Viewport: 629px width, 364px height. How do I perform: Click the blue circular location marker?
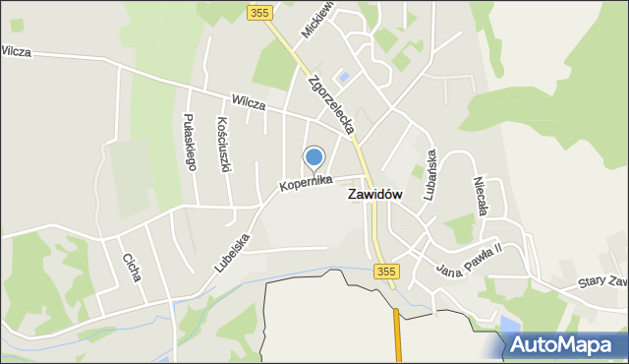pyautogui.click(x=314, y=157)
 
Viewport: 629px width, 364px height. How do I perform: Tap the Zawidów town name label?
pyautogui.click(x=374, y=195)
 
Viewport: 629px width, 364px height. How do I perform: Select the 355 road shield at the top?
pyautogui.click(x=259, y=13)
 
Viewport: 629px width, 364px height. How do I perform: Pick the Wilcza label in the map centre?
pyautogui.click(x=250, y=100)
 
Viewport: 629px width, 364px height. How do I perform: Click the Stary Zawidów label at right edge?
pyautogui.click(x=601, y=282)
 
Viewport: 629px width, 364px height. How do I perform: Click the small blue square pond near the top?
pyautogui.click(x=344, y=76)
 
